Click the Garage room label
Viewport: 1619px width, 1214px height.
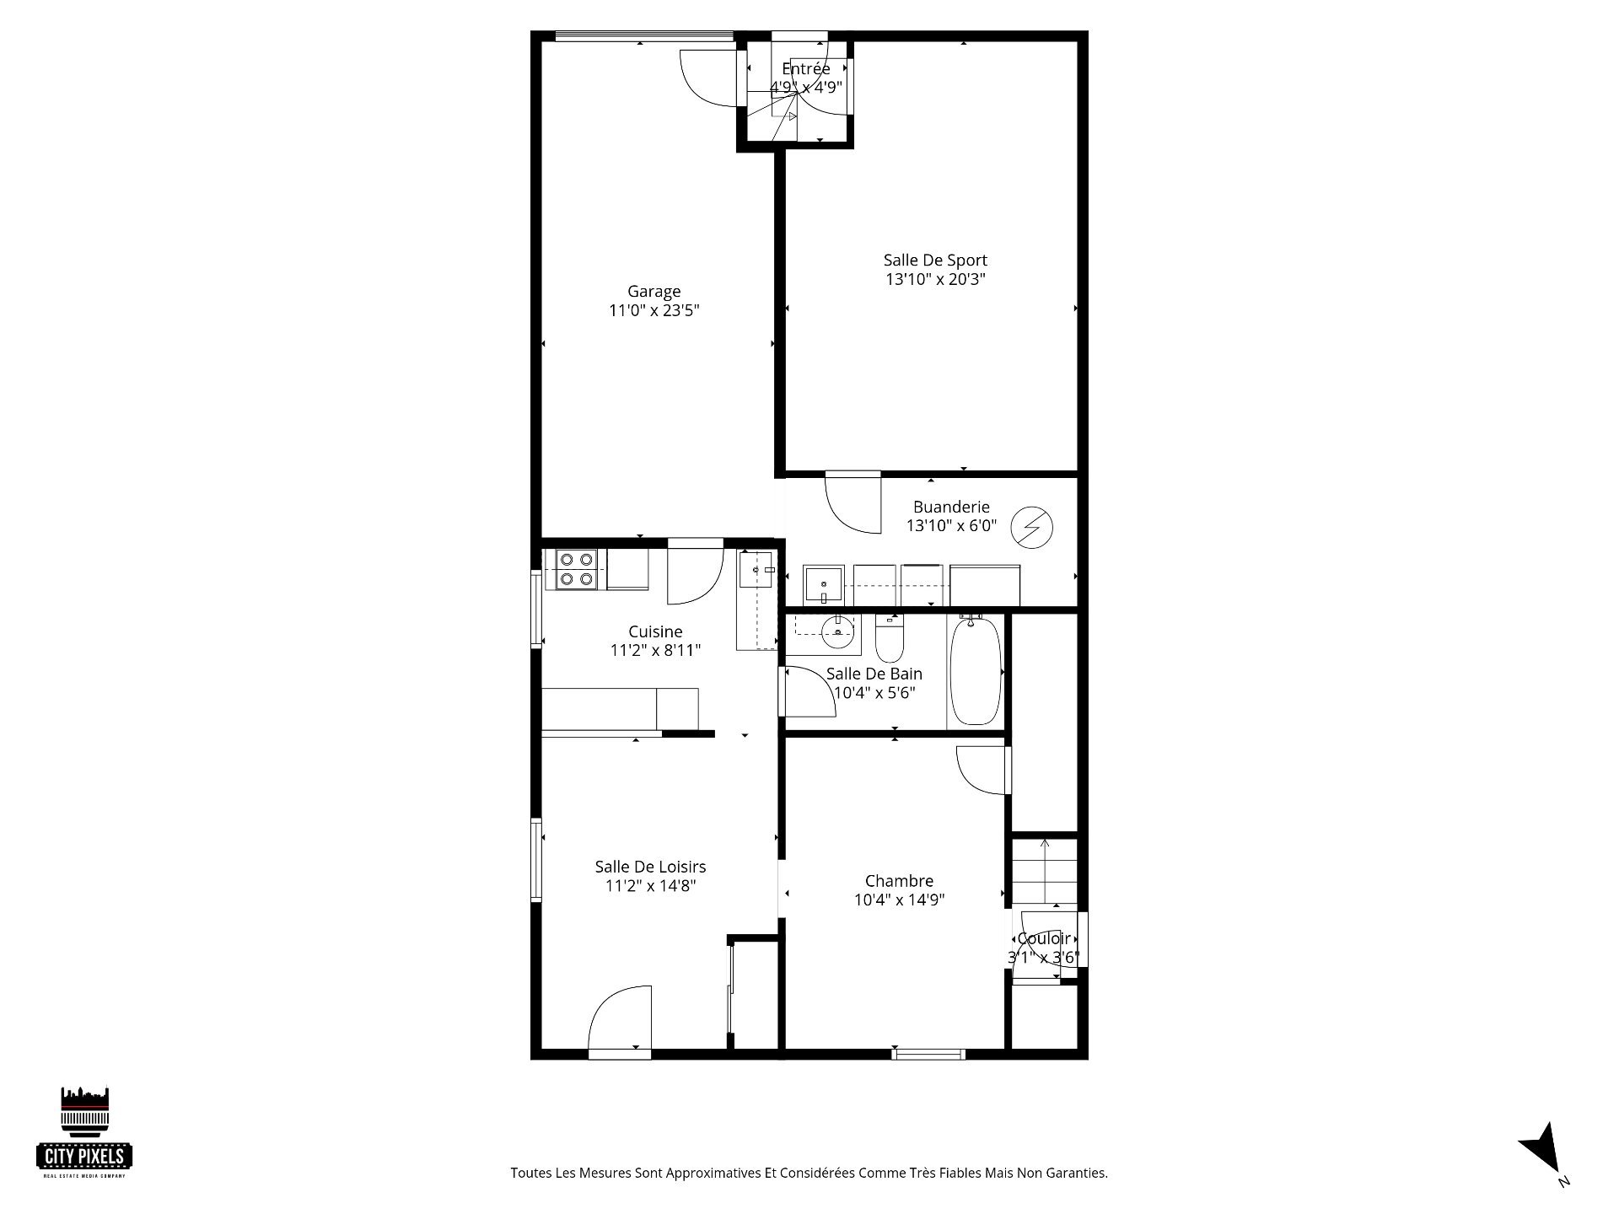pyautogui.click(x=654, y=292)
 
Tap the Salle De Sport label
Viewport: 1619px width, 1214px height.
pyautogui.click(x=935, y=261)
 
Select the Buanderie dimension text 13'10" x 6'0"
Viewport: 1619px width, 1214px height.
pyautogui.click(x=951, y=526)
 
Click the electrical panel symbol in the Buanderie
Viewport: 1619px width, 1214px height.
pyautogui.click(x=1031, y=527)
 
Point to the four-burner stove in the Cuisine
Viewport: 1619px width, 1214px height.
pyautogui.click(x=576, y=569)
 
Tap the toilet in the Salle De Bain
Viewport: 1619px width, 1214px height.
pyautogui.click(x=890, y=638)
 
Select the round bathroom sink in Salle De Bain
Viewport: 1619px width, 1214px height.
pyautogui.click(x=837, y=631)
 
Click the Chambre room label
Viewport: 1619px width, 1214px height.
pyautogui.click(x=899, y=882)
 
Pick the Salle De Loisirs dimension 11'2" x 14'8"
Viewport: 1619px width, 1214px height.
pyautogui.click(x=650, y=885)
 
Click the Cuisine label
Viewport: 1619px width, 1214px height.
pyautogui.click(x=655, y=631)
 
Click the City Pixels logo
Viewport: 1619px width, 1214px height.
pyautogui.click(x=85, y=1131)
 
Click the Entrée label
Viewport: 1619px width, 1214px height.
pyautogui.click(x=806, y=68)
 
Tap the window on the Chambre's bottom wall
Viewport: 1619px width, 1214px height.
pyautogui.click(x=928, y=1053)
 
